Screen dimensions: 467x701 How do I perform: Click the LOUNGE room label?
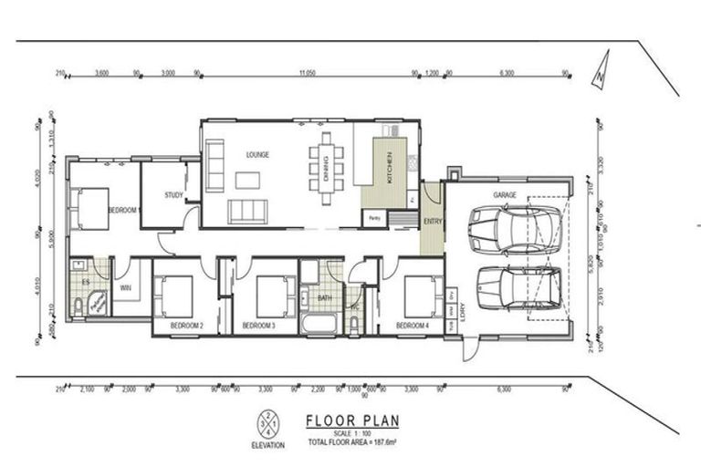click(256, 155)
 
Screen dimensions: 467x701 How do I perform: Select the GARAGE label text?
click(506, 195)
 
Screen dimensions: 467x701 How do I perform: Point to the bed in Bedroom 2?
click(175, 296)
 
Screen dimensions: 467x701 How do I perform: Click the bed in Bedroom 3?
click(271, 296)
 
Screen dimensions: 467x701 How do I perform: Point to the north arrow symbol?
click(596, 79)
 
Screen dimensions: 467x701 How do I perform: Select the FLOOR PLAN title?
click(345, 422)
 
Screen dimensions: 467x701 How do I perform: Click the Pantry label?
click(373, 218)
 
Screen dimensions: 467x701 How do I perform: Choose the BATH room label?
click(324, 297)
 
